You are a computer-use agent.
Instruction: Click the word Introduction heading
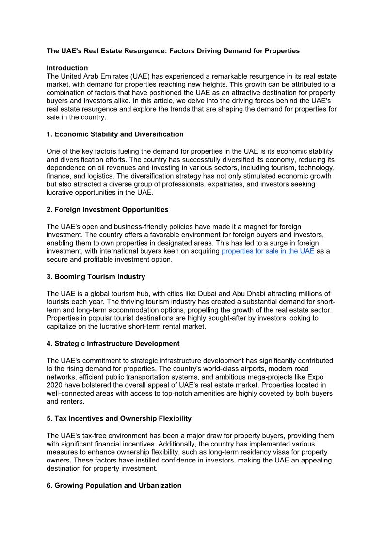[67, 68]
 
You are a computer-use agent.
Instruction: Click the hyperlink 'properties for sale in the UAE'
[268, 251]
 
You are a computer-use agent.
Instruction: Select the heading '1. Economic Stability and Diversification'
[115, 134]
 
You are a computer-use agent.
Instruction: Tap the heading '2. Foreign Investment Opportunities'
[107, 210]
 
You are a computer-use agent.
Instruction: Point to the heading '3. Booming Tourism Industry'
[96, 277]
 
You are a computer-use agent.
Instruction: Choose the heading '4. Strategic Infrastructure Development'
[113, 344]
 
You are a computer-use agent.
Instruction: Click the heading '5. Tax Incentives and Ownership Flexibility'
[119, 418]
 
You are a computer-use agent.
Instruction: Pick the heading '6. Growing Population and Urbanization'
[114, 485]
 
